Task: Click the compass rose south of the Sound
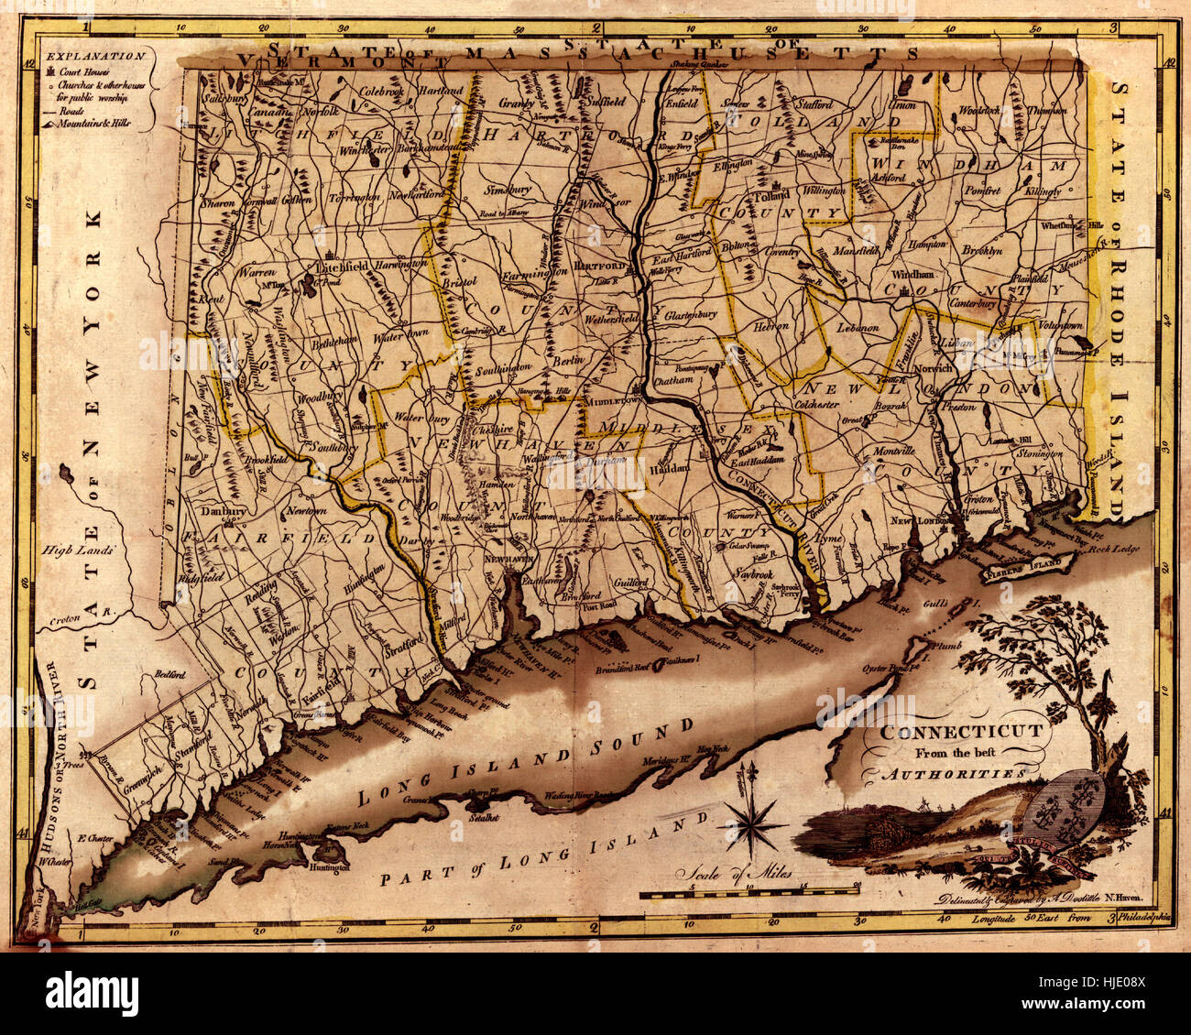point(755,822)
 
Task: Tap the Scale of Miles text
point(736,872)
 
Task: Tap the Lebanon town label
point(858,327)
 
